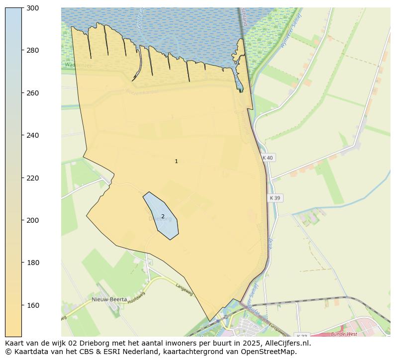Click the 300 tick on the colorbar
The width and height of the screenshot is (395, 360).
coord(33,8)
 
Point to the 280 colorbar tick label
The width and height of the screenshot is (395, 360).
coord(33,50)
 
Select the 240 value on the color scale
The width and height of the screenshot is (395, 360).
coord(33,135)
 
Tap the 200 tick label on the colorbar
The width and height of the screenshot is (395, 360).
coord(33,220)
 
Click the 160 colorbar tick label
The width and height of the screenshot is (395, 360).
coord(33,305)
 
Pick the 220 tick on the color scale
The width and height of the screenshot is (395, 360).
coord(33,178)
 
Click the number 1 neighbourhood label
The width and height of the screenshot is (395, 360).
coord(176,161)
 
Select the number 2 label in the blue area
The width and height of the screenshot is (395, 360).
coord(163,216)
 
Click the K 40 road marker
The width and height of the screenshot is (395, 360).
coord(268,158)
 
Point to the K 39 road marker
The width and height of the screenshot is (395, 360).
coord(275,198)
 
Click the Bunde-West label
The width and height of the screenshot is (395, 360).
coord(344,334)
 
